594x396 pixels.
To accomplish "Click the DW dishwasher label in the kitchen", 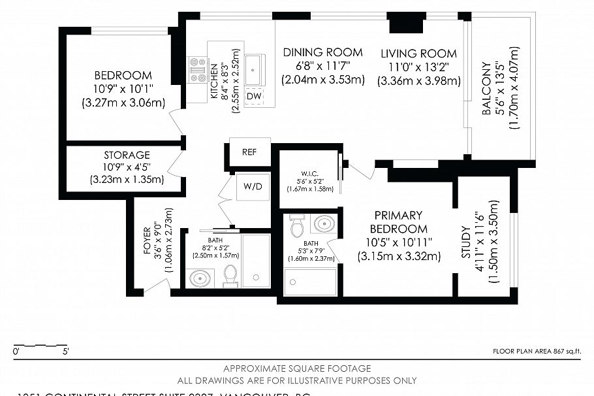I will coord(254,96).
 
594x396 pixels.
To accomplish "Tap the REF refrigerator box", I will coord(249,152).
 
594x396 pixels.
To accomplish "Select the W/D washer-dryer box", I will coord(253,186).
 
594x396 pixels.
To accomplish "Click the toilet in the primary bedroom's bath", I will coord(297,225).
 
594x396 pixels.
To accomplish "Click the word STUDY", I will coord(465,242).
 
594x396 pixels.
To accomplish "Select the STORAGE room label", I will coord(127,156).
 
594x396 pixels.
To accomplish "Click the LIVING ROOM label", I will coord(418,53).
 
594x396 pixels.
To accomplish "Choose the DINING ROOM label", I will coord(322,52).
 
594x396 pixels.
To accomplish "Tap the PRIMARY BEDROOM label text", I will coord(399,222).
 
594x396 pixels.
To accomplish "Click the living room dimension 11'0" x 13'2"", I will coord(418,67).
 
